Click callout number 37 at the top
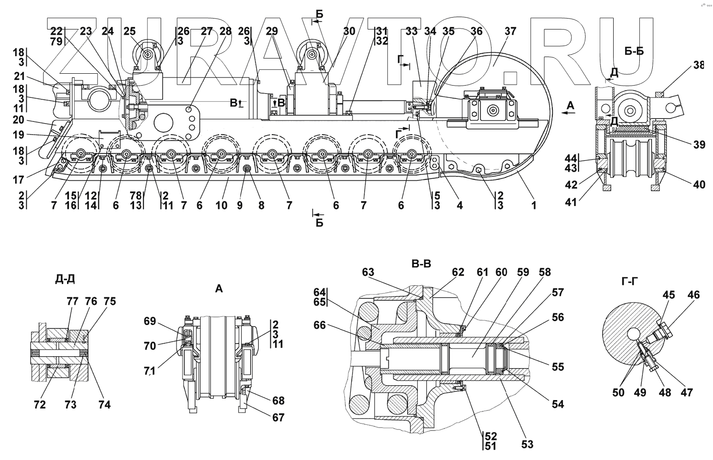(510, 31)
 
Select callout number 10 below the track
(221, 206)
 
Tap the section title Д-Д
(65, 279)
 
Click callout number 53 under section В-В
(527, 444)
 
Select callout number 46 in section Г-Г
(694, 295)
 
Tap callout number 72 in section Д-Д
(40, 404)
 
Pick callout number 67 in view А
(278, 417)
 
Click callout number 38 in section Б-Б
(698, 66)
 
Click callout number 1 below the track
(534, 206)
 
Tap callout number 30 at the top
(349, 31)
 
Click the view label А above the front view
(219, 288)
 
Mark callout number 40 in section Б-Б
(699, 184)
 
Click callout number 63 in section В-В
(368, 273)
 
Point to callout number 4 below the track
(460, 206)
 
